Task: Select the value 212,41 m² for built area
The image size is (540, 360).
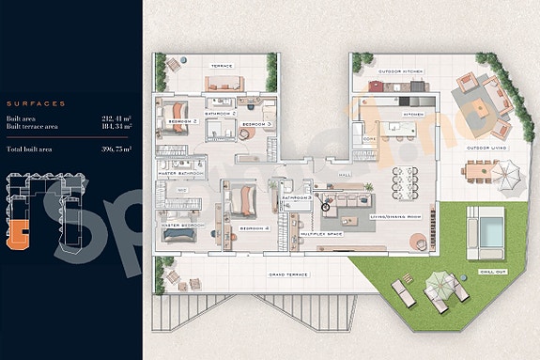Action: (x=116, y=118)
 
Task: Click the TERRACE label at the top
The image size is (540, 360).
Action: (x=221, y=66)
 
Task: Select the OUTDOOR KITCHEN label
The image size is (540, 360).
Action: (x=401, y=71)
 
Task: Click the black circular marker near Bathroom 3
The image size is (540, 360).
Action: (x=326, y=206)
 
